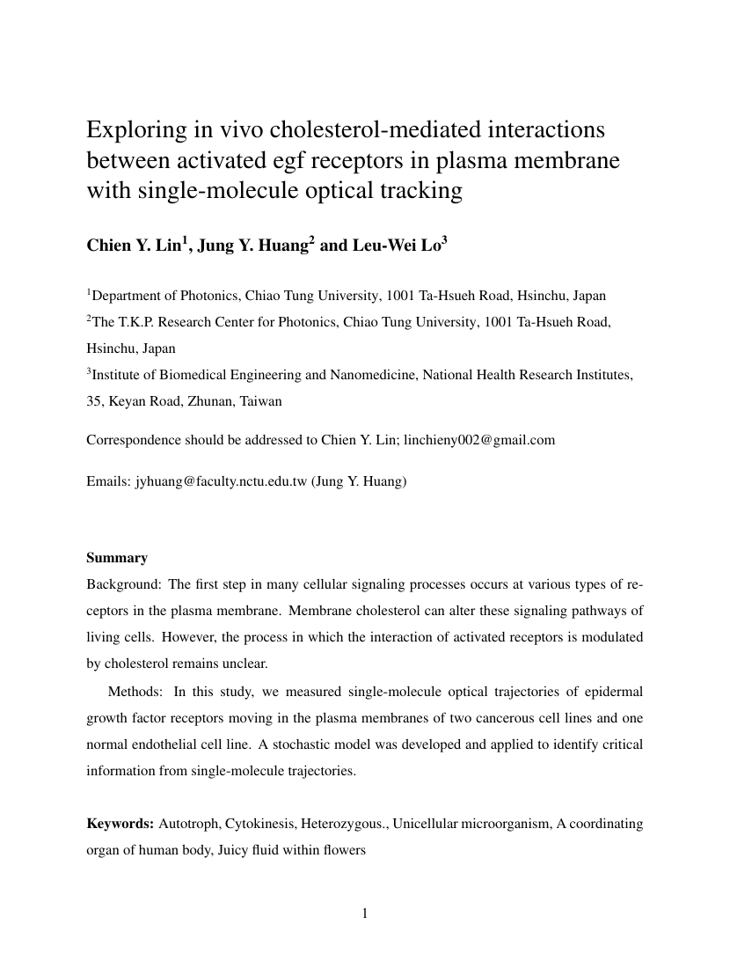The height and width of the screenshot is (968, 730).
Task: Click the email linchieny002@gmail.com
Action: [x=479, y=440]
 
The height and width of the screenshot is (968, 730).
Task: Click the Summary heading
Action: [x=117, y=558]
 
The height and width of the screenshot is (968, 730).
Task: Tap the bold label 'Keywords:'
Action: [x=120, y=825]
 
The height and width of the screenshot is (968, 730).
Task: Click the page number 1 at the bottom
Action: [x=365, y=913]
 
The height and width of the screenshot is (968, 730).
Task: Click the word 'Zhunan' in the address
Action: [x=205, y=401]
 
